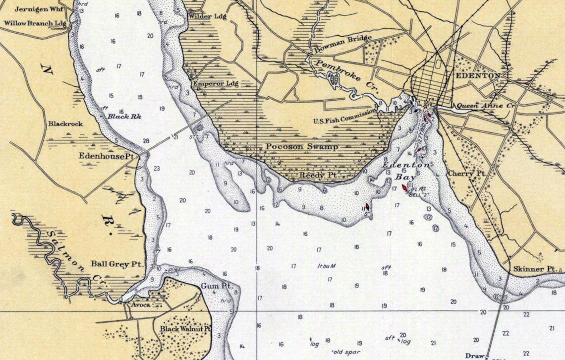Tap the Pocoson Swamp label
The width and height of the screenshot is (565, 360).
pos(301,147)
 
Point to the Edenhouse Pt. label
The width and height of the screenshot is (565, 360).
pos(107,155)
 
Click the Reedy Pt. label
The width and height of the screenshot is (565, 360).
pos(318,176)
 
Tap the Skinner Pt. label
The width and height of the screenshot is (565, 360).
pos(536,269)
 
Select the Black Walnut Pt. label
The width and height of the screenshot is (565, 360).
pos(185,329)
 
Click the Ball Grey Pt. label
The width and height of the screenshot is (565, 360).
pos(117,264)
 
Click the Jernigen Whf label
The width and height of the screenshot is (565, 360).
pos(34,9)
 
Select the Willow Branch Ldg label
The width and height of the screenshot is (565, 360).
pos(35,23)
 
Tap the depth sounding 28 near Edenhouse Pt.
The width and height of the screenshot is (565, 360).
pos(146,141)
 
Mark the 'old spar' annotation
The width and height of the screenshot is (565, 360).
pos(345,352)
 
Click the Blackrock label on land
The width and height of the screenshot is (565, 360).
pos(65,123)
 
